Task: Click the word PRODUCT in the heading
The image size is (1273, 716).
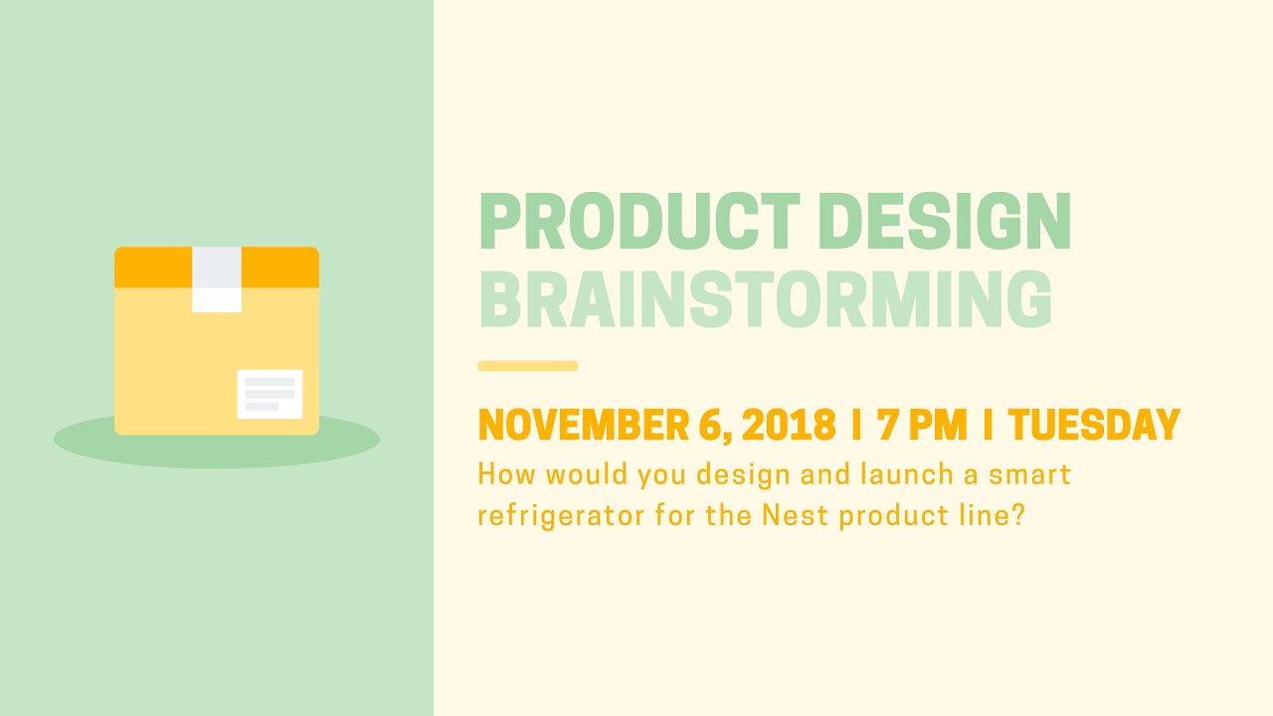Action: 638,222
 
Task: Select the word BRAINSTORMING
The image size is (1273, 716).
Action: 765,299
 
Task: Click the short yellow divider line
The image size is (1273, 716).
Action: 527,366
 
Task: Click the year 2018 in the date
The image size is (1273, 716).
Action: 788,426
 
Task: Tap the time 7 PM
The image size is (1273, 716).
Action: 922,426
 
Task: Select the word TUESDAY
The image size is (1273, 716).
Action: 1094,426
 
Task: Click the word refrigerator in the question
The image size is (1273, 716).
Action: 565,516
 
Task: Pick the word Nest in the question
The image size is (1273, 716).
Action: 796,516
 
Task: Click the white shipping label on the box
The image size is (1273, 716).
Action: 270,394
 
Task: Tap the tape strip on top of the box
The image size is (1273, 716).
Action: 217,278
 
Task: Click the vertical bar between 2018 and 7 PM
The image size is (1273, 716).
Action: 856,426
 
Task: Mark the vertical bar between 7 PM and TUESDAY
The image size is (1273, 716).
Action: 988,426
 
